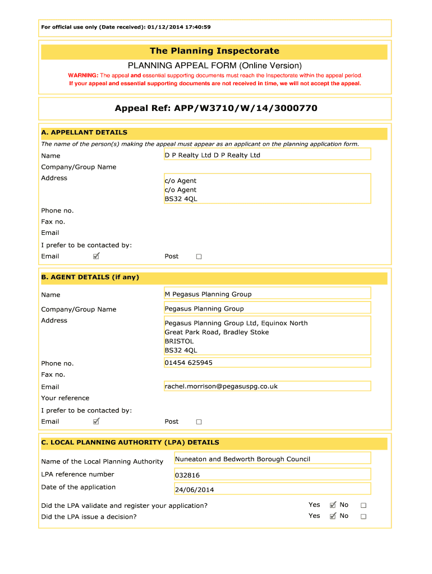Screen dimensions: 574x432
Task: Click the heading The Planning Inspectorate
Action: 214,51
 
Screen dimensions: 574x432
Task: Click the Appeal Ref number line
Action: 216,108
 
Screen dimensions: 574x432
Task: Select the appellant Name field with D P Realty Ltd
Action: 267,155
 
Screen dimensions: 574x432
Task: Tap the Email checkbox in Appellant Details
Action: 96,256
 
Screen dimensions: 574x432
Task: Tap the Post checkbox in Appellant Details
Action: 199,257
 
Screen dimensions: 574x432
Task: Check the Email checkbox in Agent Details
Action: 96,422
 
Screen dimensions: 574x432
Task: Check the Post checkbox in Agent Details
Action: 199,422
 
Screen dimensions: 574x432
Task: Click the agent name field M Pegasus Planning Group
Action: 267,294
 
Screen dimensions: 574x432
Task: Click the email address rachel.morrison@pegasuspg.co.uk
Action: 221,386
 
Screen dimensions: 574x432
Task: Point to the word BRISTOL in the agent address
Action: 179,341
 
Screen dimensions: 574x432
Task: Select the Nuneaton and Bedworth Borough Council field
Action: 272,459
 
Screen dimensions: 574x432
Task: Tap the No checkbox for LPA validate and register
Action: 363,505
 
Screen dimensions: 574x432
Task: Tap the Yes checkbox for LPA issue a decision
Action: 333,516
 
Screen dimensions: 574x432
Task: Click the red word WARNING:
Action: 83,75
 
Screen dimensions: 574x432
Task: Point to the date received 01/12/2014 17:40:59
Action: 180,27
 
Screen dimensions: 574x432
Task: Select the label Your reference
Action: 65,398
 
